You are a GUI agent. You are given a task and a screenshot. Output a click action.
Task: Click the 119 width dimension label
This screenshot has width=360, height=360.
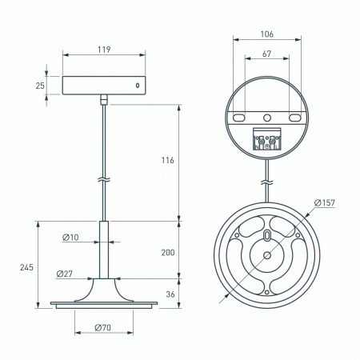tap(104, 49)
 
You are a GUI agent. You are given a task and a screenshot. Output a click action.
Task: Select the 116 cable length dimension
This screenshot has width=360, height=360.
tap(167, 161)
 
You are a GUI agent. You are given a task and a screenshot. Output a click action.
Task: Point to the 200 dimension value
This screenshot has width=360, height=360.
tap(167, 252)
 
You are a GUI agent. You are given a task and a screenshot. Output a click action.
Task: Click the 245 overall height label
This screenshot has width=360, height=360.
tap(26, 268)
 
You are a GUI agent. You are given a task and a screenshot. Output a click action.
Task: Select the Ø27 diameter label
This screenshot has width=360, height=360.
tap(65, 274)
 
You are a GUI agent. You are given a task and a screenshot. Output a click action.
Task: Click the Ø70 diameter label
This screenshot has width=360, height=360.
tap(102, 328)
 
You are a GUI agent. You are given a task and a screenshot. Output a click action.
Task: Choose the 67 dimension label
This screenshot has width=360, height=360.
tap(266, 54)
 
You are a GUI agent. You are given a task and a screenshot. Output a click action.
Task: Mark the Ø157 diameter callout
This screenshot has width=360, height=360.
tap(323, 203)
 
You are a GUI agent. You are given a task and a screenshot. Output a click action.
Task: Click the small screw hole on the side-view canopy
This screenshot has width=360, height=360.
tap(137, 85)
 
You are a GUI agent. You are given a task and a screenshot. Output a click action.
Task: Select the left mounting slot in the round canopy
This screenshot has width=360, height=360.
tap(238, 118)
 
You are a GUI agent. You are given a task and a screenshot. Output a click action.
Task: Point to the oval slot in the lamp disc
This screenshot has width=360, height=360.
tap(266, 237)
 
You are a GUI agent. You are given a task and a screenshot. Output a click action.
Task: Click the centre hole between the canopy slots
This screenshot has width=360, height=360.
tap(266, 118)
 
